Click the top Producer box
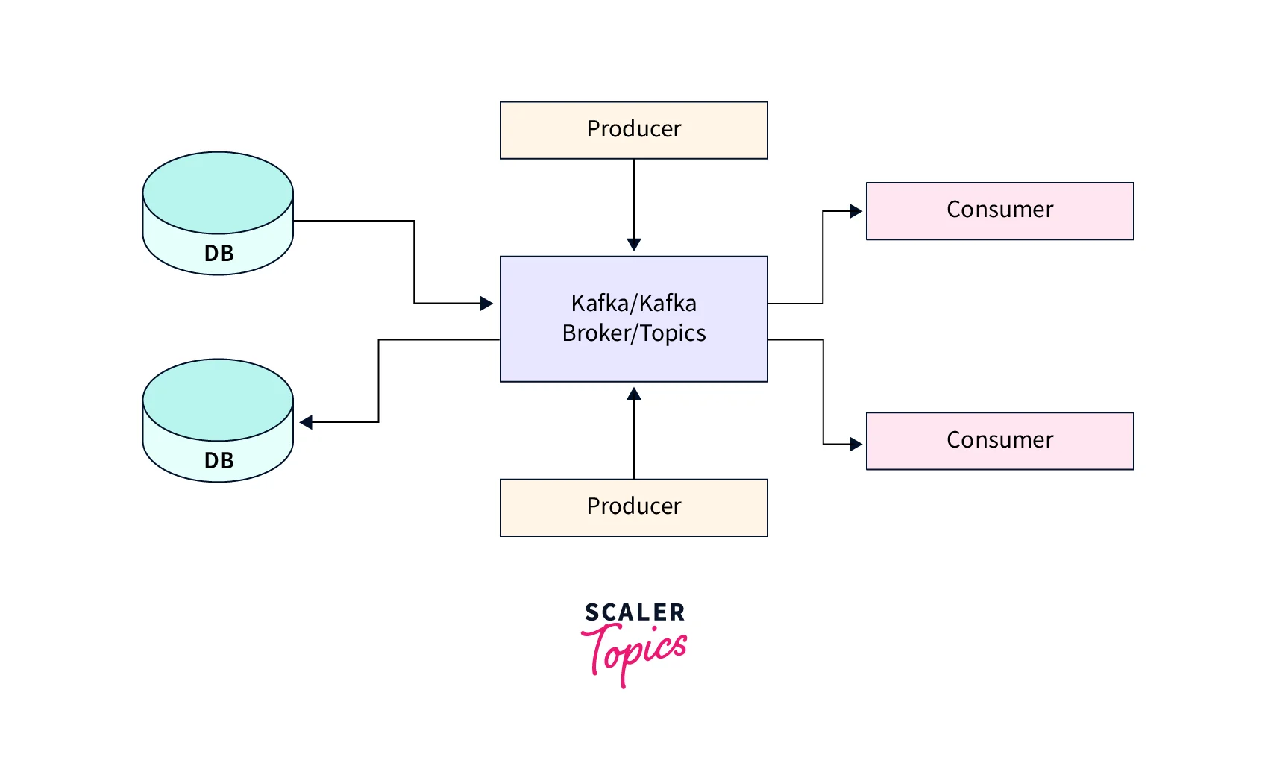(633, 130)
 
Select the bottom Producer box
(633, 507)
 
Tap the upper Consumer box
(999, 211)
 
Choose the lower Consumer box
(999, 441)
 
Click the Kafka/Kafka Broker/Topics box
(633, 318)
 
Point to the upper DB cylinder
(218, 213)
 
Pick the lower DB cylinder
(218, 420)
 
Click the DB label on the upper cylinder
(219, 254)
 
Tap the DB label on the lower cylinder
(219, 461)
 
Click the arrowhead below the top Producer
(634, 245)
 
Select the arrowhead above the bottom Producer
(634, 394)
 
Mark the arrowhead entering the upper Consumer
(856, 211)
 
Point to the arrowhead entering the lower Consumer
(856, 445)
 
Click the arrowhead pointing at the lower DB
(306, 422)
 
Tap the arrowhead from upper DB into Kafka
(486, 303)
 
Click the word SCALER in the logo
(635, 612)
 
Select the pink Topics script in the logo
(635, 651)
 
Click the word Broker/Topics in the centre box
(634, 333)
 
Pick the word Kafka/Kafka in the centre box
(634, 304)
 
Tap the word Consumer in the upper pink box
(999, 210)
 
